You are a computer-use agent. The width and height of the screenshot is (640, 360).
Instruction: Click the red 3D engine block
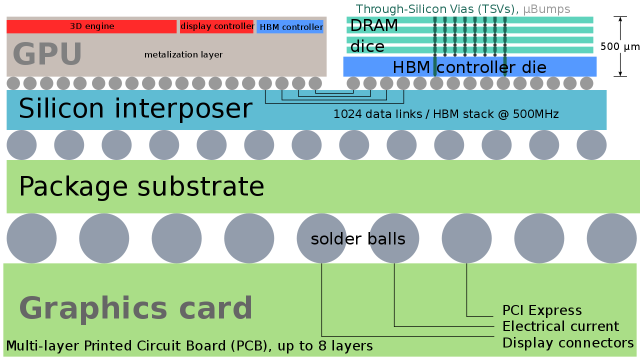[91, 26]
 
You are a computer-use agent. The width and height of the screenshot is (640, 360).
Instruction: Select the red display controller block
[217, 26]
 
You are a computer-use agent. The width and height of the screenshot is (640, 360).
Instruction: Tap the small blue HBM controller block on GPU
[290, 27]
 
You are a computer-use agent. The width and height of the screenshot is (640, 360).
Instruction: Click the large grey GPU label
[47, 54]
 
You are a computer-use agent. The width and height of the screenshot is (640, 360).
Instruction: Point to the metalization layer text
[183, 54]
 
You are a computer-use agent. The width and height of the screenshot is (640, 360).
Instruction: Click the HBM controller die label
[469, 67]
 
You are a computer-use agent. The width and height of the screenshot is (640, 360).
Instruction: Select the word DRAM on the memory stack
[374, 25]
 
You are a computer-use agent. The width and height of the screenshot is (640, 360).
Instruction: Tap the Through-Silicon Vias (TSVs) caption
[437, 9]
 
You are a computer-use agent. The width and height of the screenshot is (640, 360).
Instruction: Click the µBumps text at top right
[546, 9]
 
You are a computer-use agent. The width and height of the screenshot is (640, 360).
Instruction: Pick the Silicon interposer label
[135, 108]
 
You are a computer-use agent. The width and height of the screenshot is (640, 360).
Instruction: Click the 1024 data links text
[445, 114]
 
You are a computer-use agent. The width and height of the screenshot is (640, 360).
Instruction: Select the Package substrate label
[141, 186]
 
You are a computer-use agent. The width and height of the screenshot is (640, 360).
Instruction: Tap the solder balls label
[357, 239]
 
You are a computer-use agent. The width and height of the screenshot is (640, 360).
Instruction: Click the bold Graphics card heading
[135, 308]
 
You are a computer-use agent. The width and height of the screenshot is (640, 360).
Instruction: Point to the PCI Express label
[542, 310]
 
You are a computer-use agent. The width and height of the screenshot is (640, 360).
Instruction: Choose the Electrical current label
[560, 326]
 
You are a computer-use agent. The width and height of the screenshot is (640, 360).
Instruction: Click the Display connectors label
[568, 343]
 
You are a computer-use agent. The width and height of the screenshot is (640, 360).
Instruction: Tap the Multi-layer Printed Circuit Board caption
[189, 345]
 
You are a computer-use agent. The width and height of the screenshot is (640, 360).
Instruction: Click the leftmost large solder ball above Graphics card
[31, 238]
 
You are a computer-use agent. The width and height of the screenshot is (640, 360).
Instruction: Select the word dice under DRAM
[367, 46]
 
